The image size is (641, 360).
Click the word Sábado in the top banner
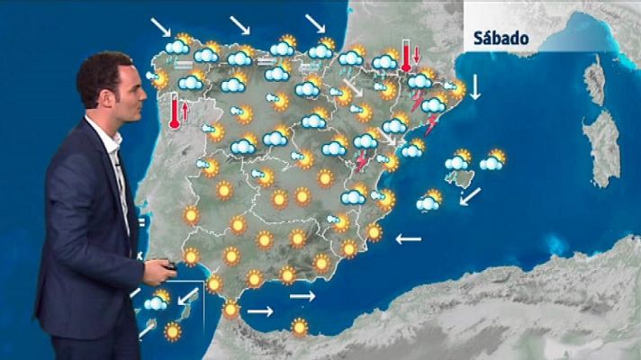pyautogui.click(x=501, y=40)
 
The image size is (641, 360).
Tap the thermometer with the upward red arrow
pyautogui.click(x=175, y=113)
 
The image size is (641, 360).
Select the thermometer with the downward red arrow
pyautogui.click(x=407, y=56)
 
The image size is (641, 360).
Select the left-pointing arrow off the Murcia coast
pyautogui.click(x=408, y=238)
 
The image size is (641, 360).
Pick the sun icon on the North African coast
pyautogui.click(x=299, y=327)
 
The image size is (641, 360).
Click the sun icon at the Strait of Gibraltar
pyautogui.click(x=231, y=310)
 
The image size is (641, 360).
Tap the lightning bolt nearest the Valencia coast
pyautogui.click(x=362, y=162)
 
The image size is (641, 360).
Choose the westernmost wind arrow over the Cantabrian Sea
pyautogui.click(x=163, y=25)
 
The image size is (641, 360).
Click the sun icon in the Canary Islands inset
pyautogui.click(x=172, y=331)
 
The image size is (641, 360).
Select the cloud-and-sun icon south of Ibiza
pyautogui.click(x=430, y=201)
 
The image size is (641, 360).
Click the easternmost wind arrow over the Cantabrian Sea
pyautogui.click(x=316, y=22)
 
